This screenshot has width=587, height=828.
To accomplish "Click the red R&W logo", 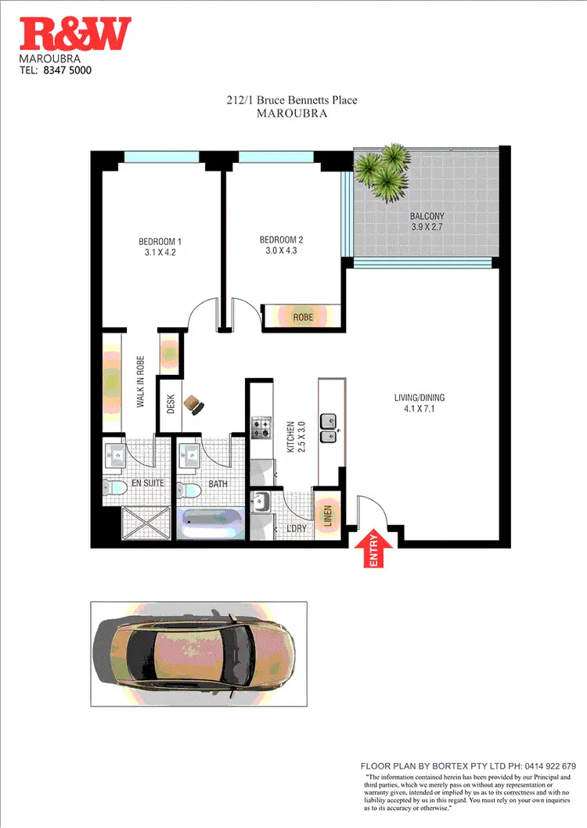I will [76, 35].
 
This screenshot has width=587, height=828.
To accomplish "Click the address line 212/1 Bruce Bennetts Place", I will [291, 100].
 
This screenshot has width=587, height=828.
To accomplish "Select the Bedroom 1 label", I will [160, 241].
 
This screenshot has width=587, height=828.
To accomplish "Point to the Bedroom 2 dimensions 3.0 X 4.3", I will [281, 251].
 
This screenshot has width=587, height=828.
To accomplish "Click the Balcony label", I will [427, 217].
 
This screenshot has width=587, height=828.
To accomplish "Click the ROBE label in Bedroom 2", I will [302, 317].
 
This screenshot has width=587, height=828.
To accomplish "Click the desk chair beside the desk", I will [194, 404].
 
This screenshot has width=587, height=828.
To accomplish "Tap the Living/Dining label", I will [419, 398].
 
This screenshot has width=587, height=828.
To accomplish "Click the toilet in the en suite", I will [114, 488].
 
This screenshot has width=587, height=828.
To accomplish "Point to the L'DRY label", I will [295, 530].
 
